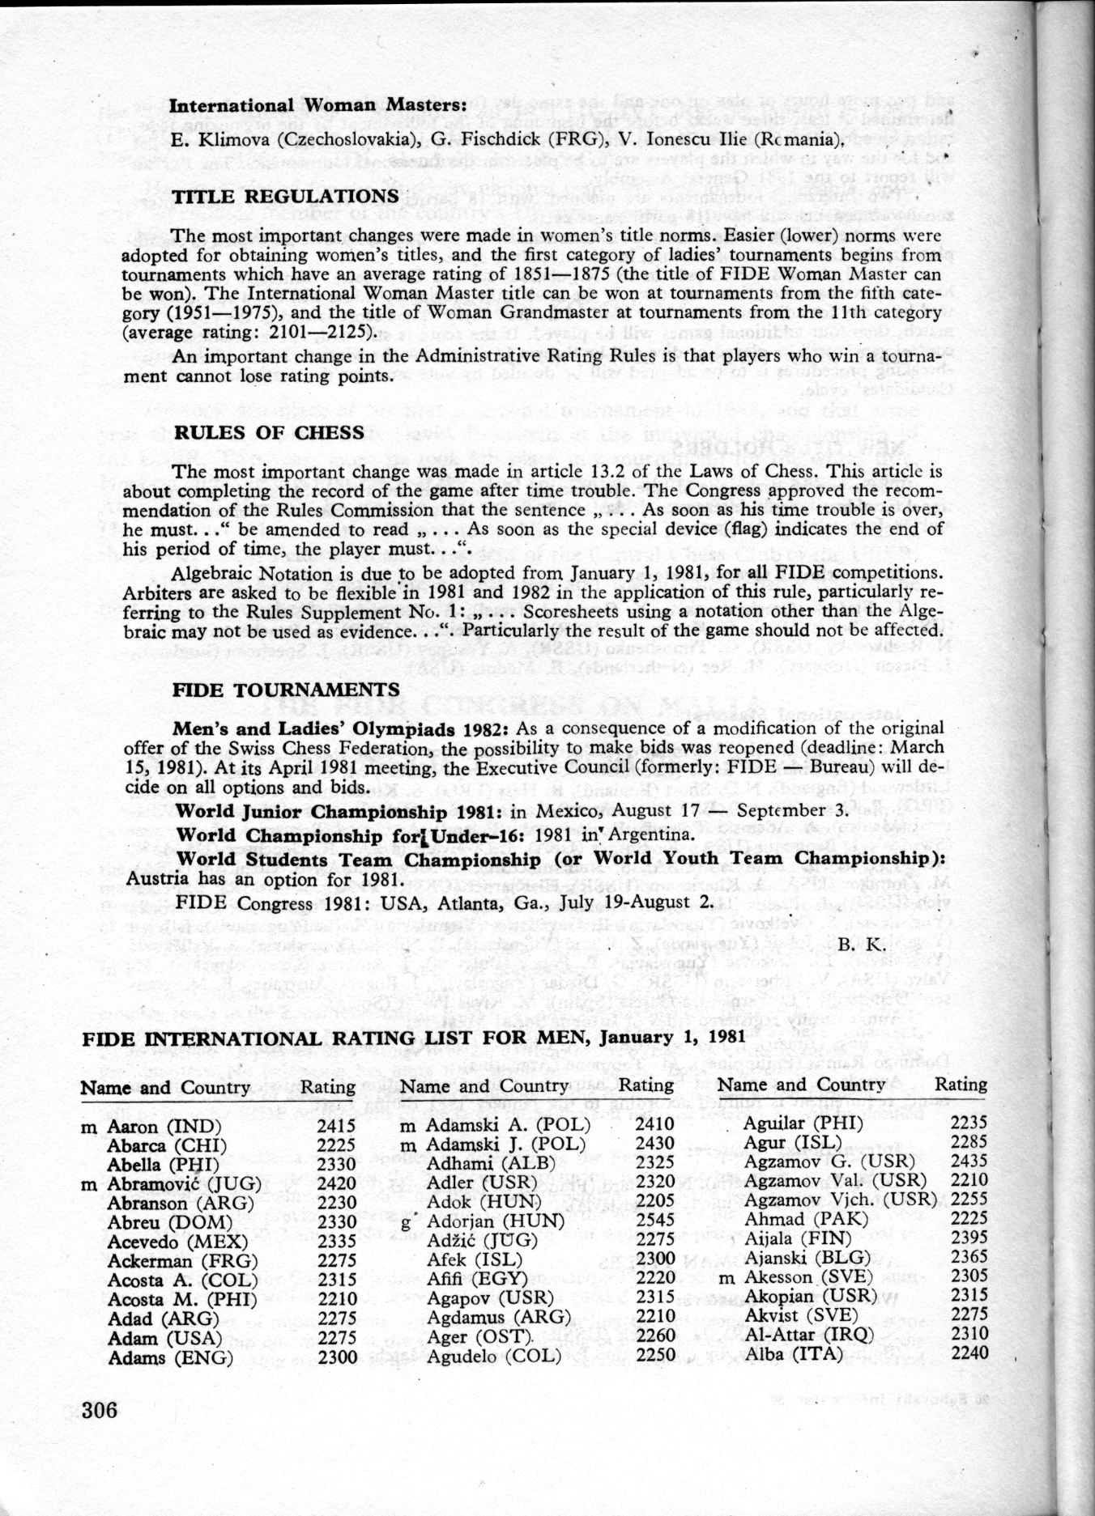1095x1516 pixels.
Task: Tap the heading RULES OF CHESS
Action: point(270,432)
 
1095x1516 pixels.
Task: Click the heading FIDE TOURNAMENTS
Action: point(287,690)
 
